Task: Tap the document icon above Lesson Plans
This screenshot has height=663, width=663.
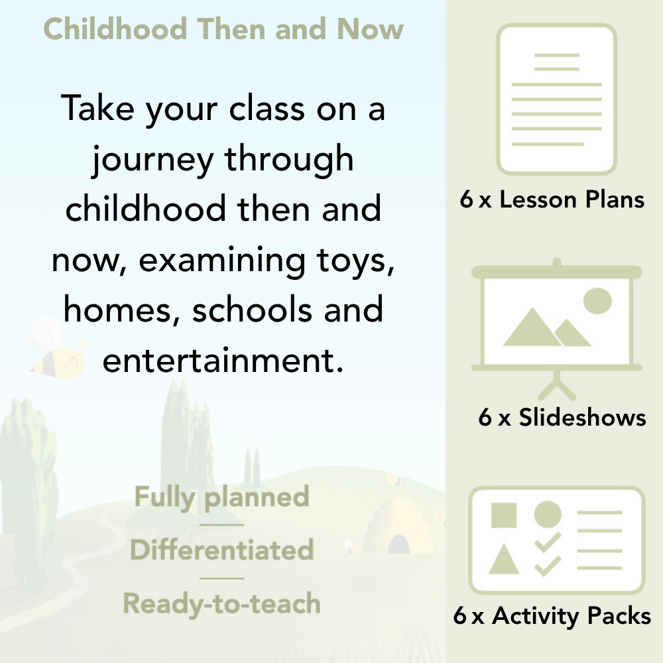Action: [557, 99]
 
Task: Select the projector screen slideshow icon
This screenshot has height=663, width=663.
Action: [557, 318]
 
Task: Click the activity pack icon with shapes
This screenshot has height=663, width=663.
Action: [557, 540]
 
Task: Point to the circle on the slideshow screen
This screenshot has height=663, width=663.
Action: [597, 300]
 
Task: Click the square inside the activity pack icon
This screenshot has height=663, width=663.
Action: [504, 515]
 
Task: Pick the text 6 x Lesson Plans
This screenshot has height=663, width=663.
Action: [552, 200]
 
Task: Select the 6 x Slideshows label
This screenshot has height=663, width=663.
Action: [562, 418]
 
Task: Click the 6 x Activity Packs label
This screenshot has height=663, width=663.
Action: [552, 617]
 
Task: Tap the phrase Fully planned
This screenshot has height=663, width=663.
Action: [222, 497]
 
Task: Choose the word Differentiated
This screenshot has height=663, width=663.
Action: [222, 550]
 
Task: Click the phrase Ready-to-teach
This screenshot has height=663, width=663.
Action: [222, 603]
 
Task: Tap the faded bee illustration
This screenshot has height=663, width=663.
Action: [53, 351]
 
